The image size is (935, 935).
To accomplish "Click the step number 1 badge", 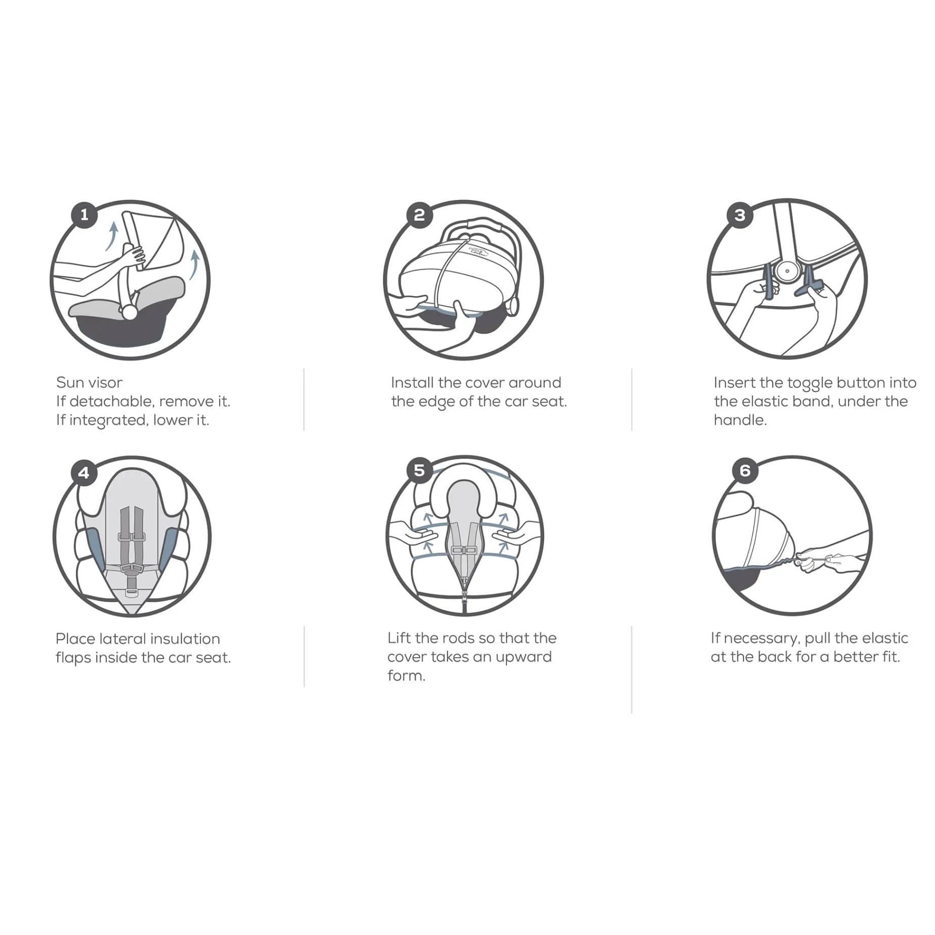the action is pos(84,215).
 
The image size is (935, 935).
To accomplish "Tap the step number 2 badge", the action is pos(419,215).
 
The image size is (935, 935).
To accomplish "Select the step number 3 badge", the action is pos(740,215).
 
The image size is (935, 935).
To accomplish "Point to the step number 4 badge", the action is pos(84,473).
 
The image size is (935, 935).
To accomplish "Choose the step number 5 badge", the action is pos(419,471).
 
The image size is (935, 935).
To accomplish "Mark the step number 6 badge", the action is pos(745,471).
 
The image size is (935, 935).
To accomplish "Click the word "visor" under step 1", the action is pos(106,382).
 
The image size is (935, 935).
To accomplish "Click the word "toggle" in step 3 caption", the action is pos(810,384).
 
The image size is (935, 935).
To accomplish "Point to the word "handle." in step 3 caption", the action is pos(740,420).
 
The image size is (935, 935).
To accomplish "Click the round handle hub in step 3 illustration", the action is pos(787,271).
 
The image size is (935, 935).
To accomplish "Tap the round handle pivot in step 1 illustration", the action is pos(130,313).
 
